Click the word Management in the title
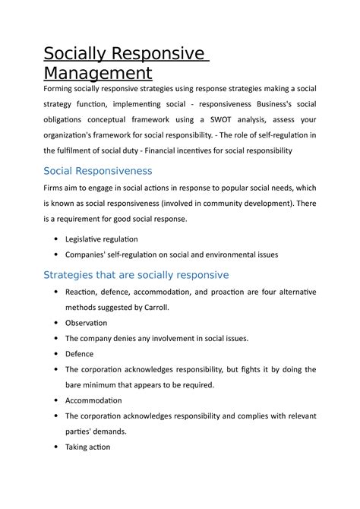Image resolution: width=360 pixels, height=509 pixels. point(98,74)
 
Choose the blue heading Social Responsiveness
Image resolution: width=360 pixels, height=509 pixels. point(98,171)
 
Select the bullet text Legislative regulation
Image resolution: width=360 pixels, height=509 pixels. point(101,239)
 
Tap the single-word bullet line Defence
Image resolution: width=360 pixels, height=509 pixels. point(80,354)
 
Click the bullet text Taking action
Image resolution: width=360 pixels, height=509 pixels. point(88,447)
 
